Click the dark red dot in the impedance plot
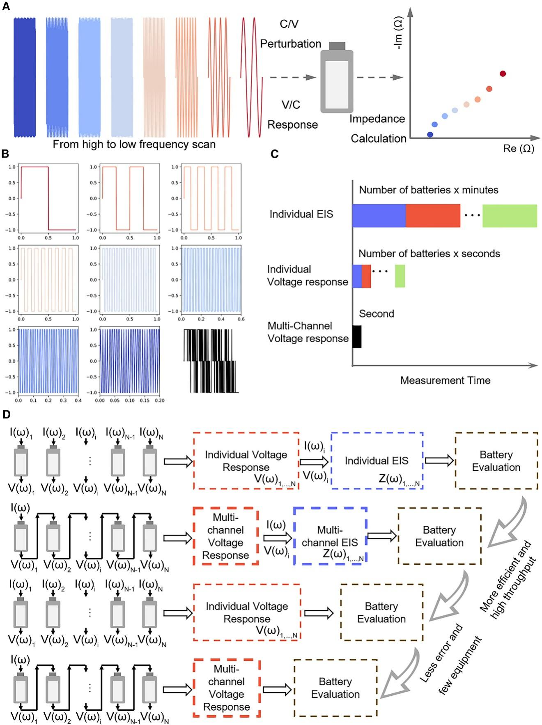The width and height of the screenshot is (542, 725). pyautogui.click(x=503, y=74)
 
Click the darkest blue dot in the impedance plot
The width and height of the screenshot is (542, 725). pyautogui.click(x=430, y=134)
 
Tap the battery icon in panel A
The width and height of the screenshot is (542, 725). pyautogui.click(x=337, y=78)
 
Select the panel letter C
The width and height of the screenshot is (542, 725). pyautogui.click(x=275, y=154)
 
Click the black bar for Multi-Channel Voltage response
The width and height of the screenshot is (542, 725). pyautogui.click(x=357, y=337)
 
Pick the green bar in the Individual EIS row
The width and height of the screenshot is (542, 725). pyautogui.click(x=510, y=216)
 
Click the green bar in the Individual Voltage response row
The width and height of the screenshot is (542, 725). pyautogui.click(x=400, y=276)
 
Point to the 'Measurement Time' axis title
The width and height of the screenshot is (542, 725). pyautogui.click(x=445, y=380)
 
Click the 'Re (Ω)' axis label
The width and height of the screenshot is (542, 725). pyautogui.click(x=519, y=148)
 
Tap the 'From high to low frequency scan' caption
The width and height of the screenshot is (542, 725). pyautogui.click(x=134, y=144)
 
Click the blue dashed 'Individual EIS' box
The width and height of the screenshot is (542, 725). pyautogui.click(x=377, y=460)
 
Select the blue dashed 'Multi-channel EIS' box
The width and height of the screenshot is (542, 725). pyautogui.click(x=330, y=536)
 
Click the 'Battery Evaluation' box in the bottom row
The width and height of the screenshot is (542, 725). pyautogui.click(x=335, y=688)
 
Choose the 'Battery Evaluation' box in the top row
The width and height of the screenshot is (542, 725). pyautogui.click(x=496, y=460)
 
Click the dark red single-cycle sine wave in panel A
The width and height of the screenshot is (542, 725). pyautogui.click(x=251, y=77)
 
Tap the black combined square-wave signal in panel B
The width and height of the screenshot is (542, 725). pyautogui.click(x=210, y=361)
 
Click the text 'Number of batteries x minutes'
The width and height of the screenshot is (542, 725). pyautogui.click(x=429, y=190)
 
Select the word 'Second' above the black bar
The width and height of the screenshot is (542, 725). pyautogui.click(x=377, y=314)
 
